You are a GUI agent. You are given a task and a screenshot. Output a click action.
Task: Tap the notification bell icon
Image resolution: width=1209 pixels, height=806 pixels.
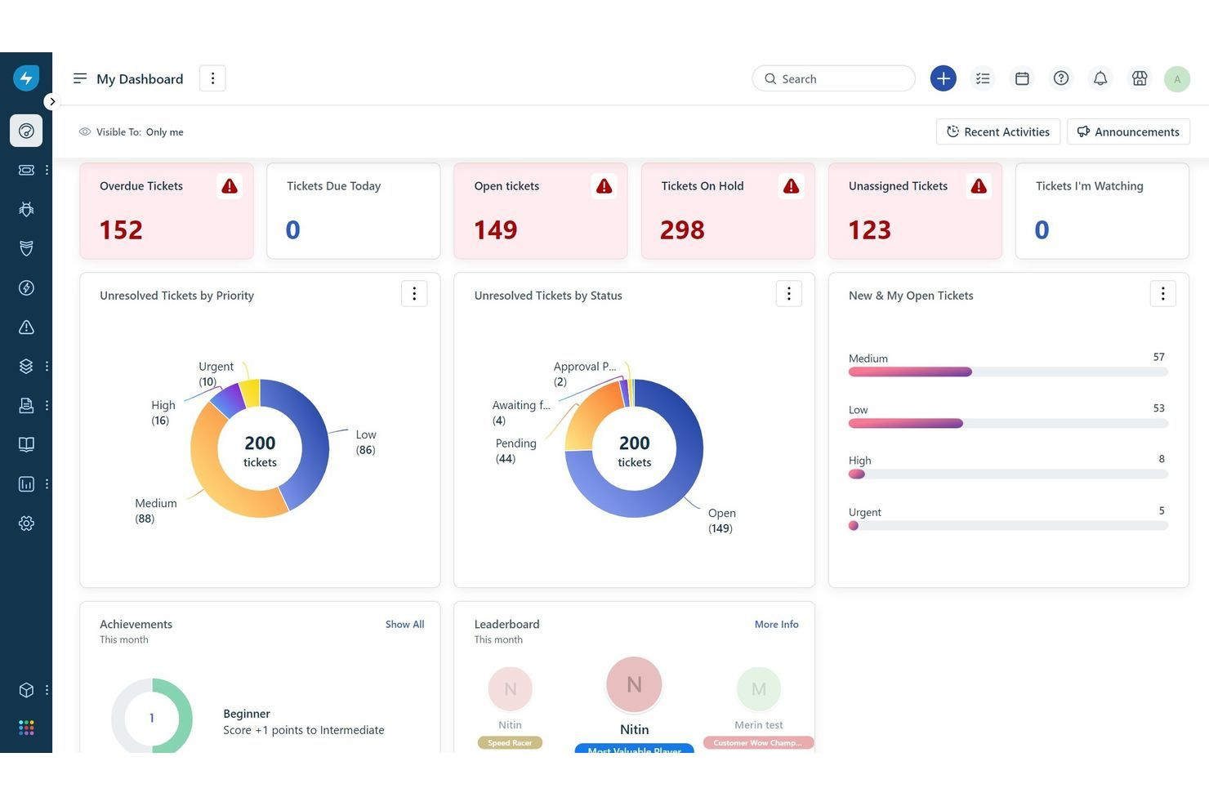click(x=1100, y=78)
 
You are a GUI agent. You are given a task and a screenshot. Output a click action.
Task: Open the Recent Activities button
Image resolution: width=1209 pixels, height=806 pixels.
click(x=997, y=131)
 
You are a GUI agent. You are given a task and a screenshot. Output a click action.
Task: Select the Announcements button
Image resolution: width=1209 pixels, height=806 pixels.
click(x=1128, y=131)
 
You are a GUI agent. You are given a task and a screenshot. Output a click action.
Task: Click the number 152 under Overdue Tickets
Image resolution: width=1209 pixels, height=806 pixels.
click(x=121, y=230)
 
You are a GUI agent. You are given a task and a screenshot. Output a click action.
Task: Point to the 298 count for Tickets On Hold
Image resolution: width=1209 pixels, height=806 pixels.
click(x=682, y=230)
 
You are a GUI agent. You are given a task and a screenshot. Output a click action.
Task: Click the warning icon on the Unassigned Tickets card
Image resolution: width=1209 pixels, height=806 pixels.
click(x=978, y=186)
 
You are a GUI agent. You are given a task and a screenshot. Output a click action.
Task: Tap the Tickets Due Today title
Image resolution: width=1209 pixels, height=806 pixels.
click(x=333, y=186)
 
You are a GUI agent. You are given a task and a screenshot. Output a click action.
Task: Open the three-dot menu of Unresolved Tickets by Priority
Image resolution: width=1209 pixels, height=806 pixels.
click(x=414, y=294)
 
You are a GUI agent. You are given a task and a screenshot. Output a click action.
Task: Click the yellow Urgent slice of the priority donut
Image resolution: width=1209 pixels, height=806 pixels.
click(x=250, y=392)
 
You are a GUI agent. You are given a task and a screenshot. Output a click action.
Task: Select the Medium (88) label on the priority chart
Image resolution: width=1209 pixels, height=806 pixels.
click(x=155, y=510)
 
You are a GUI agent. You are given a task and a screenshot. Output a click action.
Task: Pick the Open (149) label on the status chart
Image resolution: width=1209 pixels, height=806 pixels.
click(x=721, y=520)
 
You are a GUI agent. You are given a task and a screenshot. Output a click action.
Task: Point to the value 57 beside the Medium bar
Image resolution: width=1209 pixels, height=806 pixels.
click(x=1158, y=357)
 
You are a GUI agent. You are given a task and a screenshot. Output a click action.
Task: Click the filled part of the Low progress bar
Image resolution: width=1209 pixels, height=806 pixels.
click(x=905, y=423)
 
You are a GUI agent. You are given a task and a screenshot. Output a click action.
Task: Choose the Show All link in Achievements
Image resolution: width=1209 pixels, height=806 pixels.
click(x=404, y=624)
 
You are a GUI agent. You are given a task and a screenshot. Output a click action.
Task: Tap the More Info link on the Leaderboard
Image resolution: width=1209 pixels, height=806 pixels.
click(x=776, y=624)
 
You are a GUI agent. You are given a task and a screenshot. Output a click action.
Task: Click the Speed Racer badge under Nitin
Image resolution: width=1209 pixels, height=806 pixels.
click(x=510, y=742)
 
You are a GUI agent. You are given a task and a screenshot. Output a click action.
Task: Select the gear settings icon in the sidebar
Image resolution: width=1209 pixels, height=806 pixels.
click(x=26, y=523)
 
